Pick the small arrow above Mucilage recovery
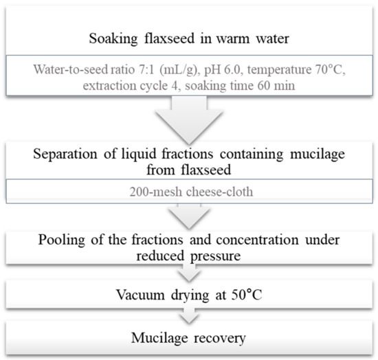(x=188, y=317)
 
